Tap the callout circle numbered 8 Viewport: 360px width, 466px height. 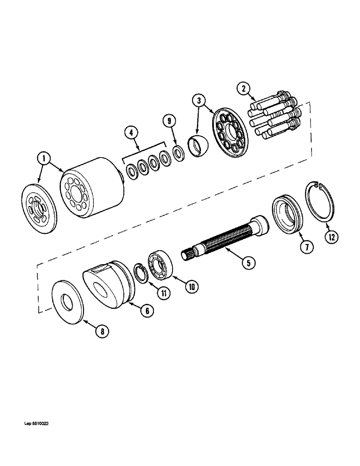point(101,331)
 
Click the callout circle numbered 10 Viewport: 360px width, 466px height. point(191,287)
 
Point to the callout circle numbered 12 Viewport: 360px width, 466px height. point(331,237)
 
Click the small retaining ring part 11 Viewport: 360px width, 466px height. point(141,273)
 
